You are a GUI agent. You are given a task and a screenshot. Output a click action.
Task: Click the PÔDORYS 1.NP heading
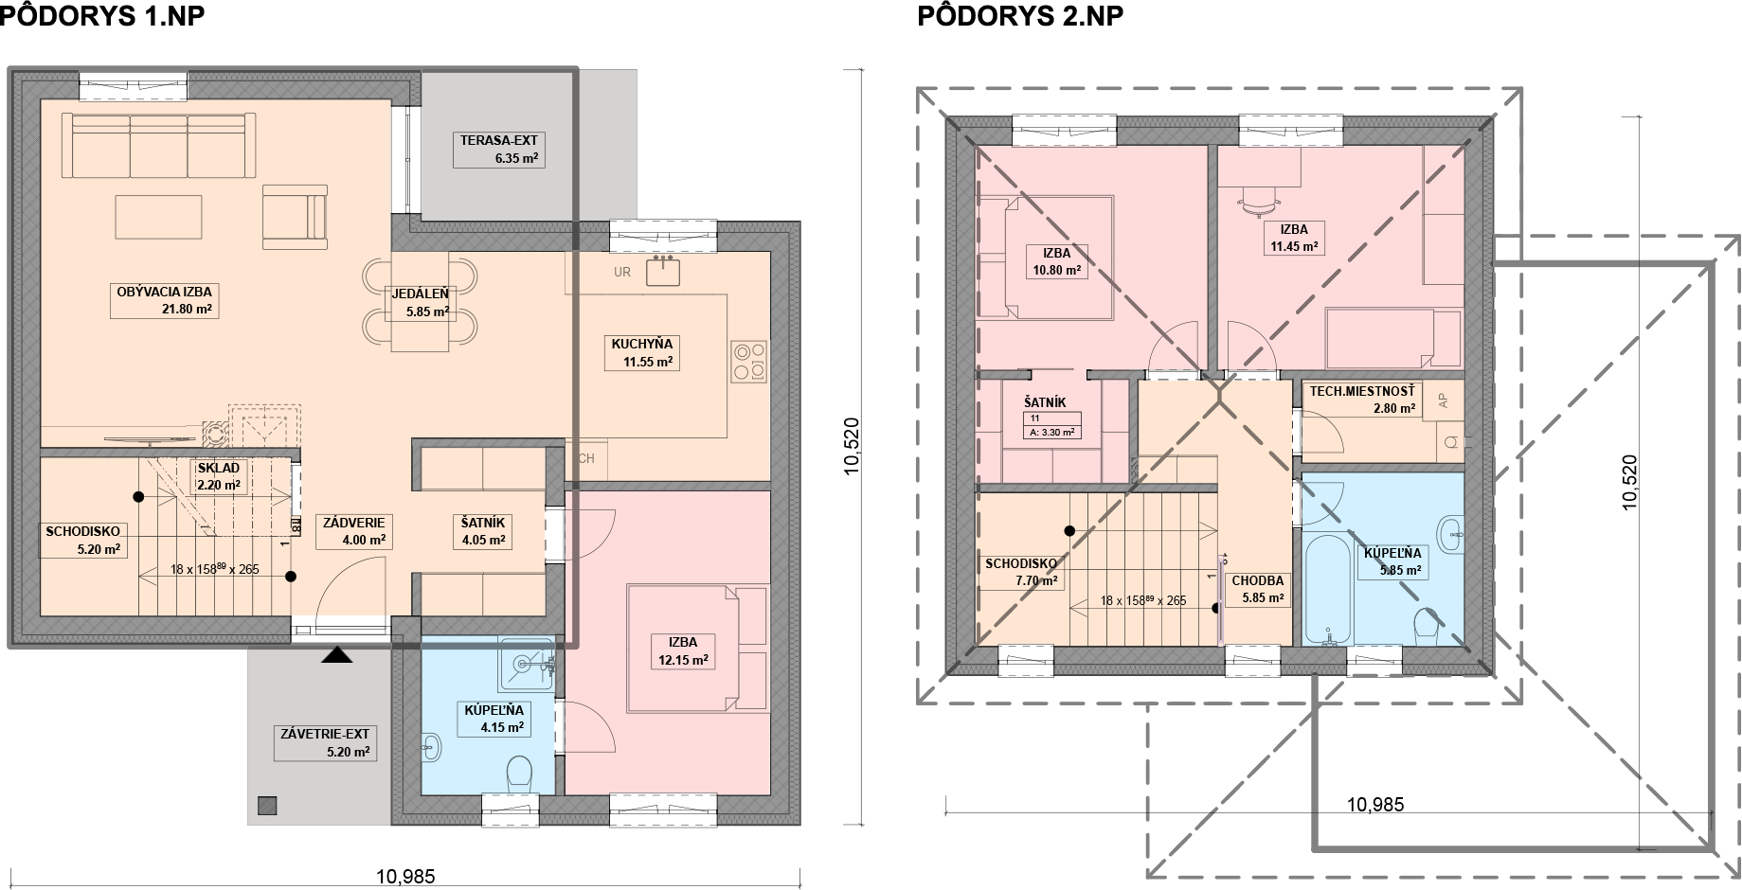pos(102,16)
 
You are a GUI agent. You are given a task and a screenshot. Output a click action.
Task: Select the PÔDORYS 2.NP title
pos(1020,16)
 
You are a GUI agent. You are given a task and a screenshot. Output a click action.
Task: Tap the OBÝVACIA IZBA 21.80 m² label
pos(165,301)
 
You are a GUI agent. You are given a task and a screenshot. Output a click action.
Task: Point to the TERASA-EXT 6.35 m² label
pos(499,150)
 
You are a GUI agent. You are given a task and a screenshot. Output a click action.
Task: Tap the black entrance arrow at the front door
pos(337,654)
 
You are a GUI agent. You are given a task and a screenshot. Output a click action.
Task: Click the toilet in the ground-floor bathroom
pos(520,773)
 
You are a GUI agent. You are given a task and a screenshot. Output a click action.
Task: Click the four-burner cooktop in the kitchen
pos(749,362)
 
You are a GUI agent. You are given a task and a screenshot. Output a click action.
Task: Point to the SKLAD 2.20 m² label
pos(219,476)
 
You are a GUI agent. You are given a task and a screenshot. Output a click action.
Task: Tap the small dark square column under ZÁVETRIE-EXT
pos(268,806)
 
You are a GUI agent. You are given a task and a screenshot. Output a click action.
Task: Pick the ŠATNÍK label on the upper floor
pos(1045,402)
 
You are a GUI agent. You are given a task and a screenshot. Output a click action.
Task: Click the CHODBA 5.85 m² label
pos(1258,589)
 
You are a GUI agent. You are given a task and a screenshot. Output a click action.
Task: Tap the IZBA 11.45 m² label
pos(1294,238)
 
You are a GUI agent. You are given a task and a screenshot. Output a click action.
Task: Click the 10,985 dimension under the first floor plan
pos(405,877)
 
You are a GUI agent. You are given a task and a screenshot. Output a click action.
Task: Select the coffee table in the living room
pos(158,217)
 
